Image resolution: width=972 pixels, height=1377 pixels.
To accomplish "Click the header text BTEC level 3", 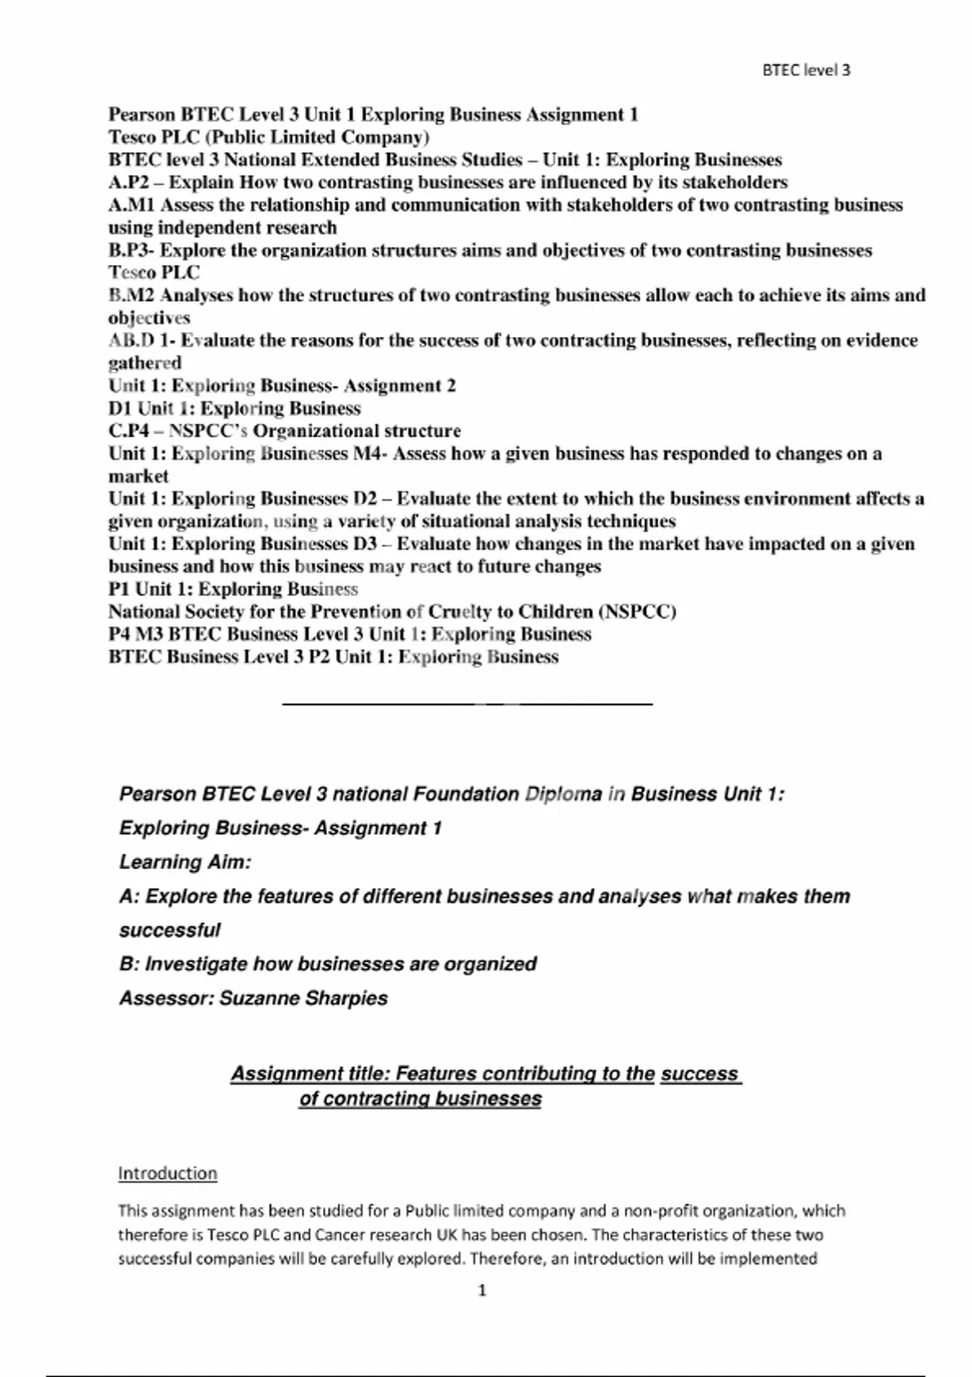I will [806, 70].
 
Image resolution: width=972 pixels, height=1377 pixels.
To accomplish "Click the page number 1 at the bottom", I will [482, 1290].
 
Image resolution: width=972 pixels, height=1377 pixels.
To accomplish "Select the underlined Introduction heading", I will [168, 1173].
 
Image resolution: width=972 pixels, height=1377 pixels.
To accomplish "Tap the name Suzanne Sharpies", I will [304, 998].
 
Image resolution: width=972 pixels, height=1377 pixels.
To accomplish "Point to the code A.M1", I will [132, 205].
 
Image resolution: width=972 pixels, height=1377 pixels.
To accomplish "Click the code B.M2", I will [131, 296].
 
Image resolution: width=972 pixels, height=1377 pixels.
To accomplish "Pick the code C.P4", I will [129, 431].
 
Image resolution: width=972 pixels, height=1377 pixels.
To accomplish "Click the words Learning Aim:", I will [185, 862].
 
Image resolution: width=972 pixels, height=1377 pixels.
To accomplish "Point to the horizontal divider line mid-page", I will [467, 705].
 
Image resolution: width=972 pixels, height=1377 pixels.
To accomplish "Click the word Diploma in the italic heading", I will [563, 794].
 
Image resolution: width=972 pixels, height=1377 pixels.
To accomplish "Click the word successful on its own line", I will [170, 930].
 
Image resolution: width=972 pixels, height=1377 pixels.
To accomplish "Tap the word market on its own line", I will [139, 476].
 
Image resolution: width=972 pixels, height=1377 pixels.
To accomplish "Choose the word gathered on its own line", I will [145, 363].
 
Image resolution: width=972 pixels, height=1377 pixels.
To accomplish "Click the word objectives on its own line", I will [149, 318].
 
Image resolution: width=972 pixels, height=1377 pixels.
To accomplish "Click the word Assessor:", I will [166, 998].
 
